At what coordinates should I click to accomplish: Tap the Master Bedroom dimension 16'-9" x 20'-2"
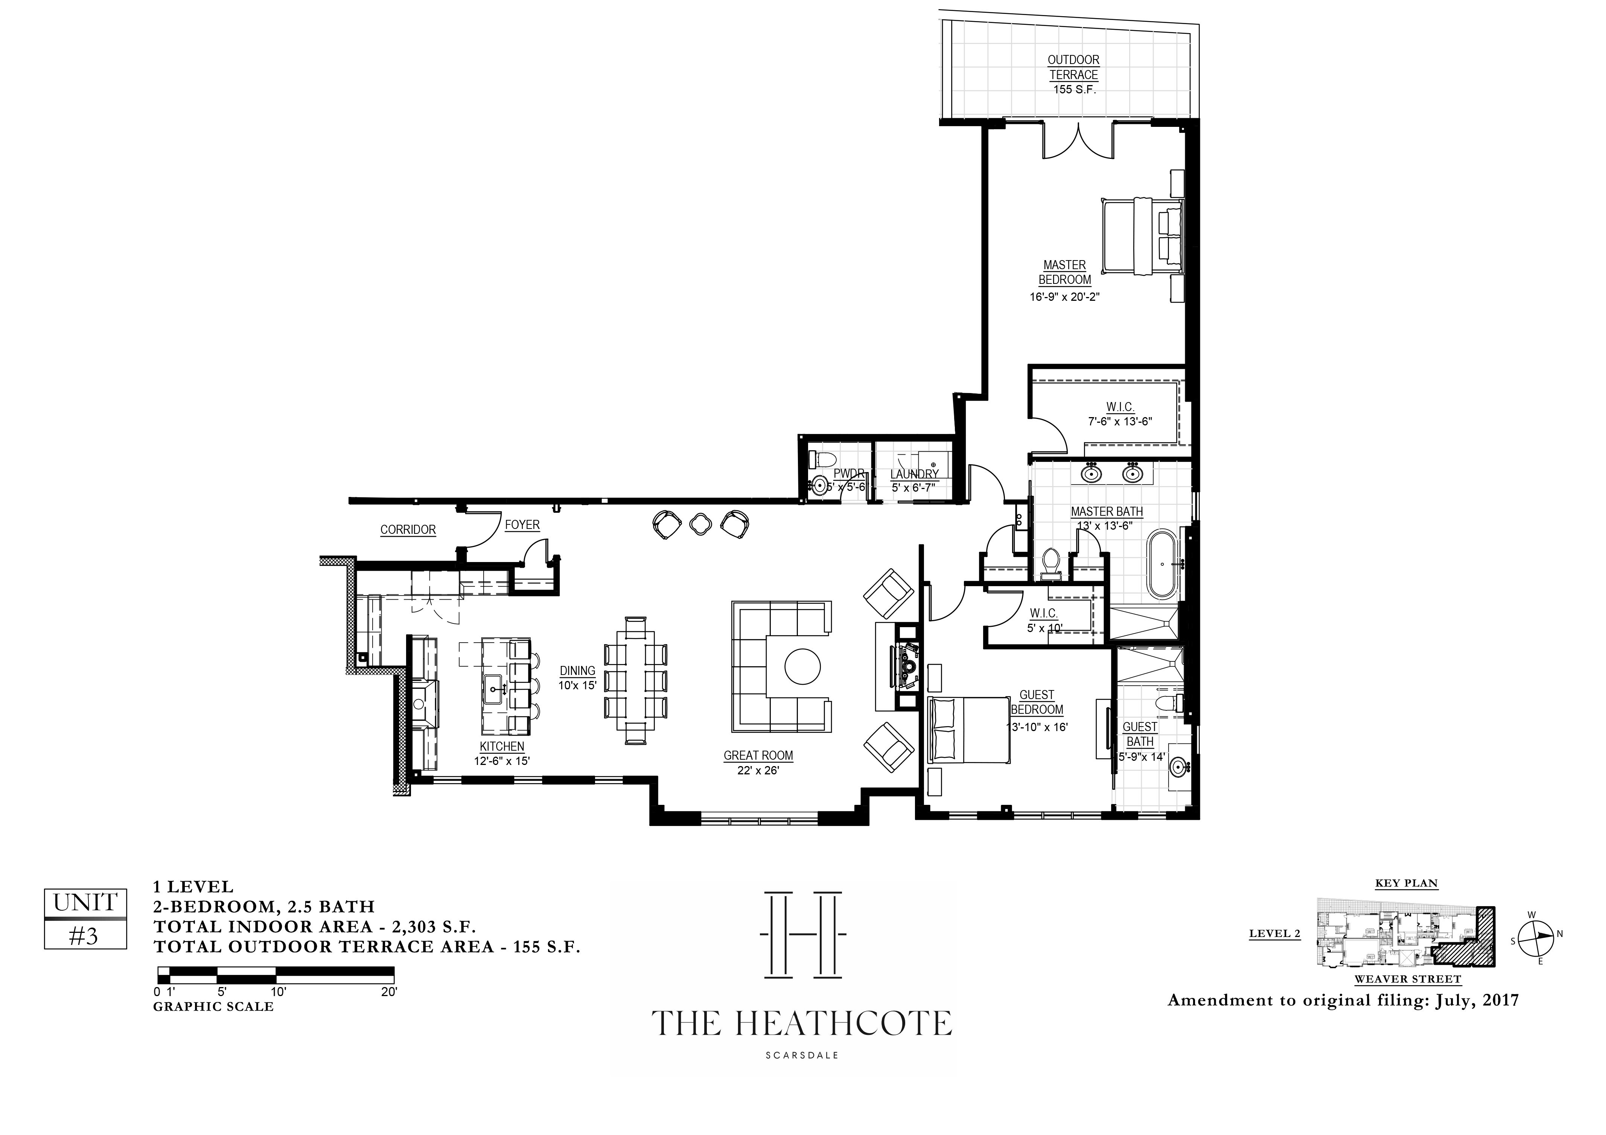point(1065,297)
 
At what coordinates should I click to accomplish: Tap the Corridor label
point(408,530)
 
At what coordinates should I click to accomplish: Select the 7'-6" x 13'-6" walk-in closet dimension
point(1120,421)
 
